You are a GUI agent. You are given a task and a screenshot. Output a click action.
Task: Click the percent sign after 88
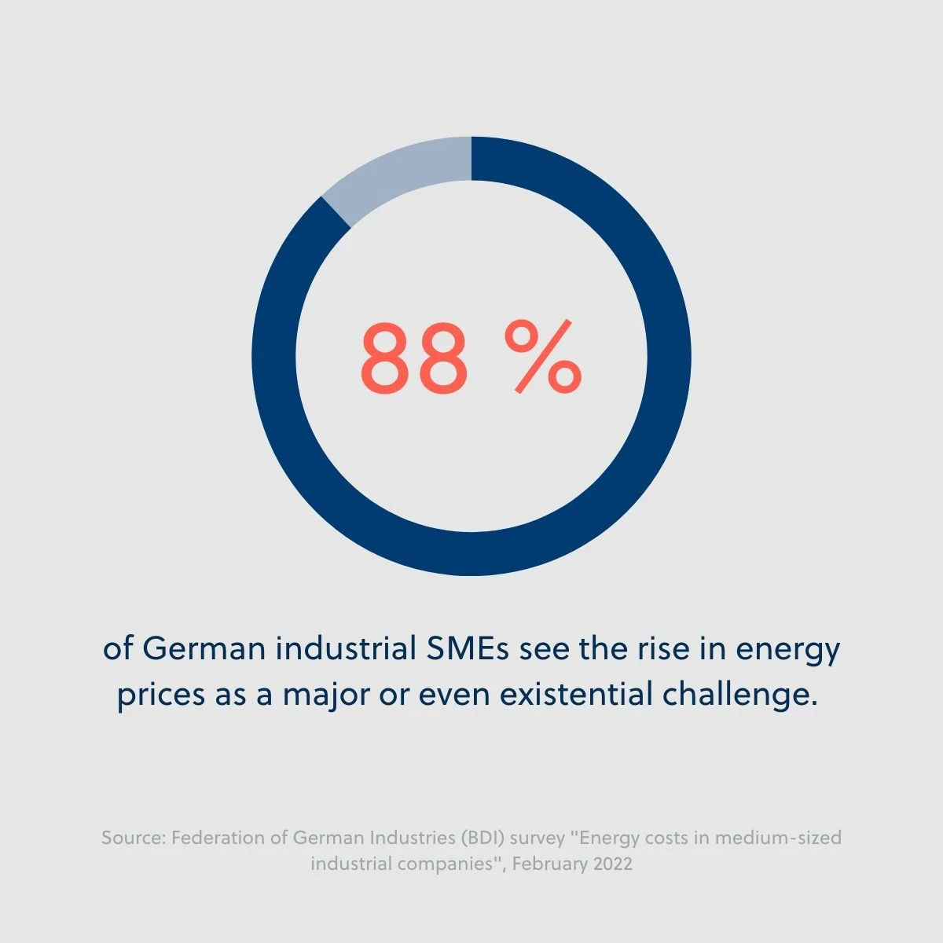tap(543, 358)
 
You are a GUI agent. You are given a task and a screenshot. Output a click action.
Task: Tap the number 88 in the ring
tap(413, 358)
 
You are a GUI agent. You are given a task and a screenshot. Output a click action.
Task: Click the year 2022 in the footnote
tap(613, 864)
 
